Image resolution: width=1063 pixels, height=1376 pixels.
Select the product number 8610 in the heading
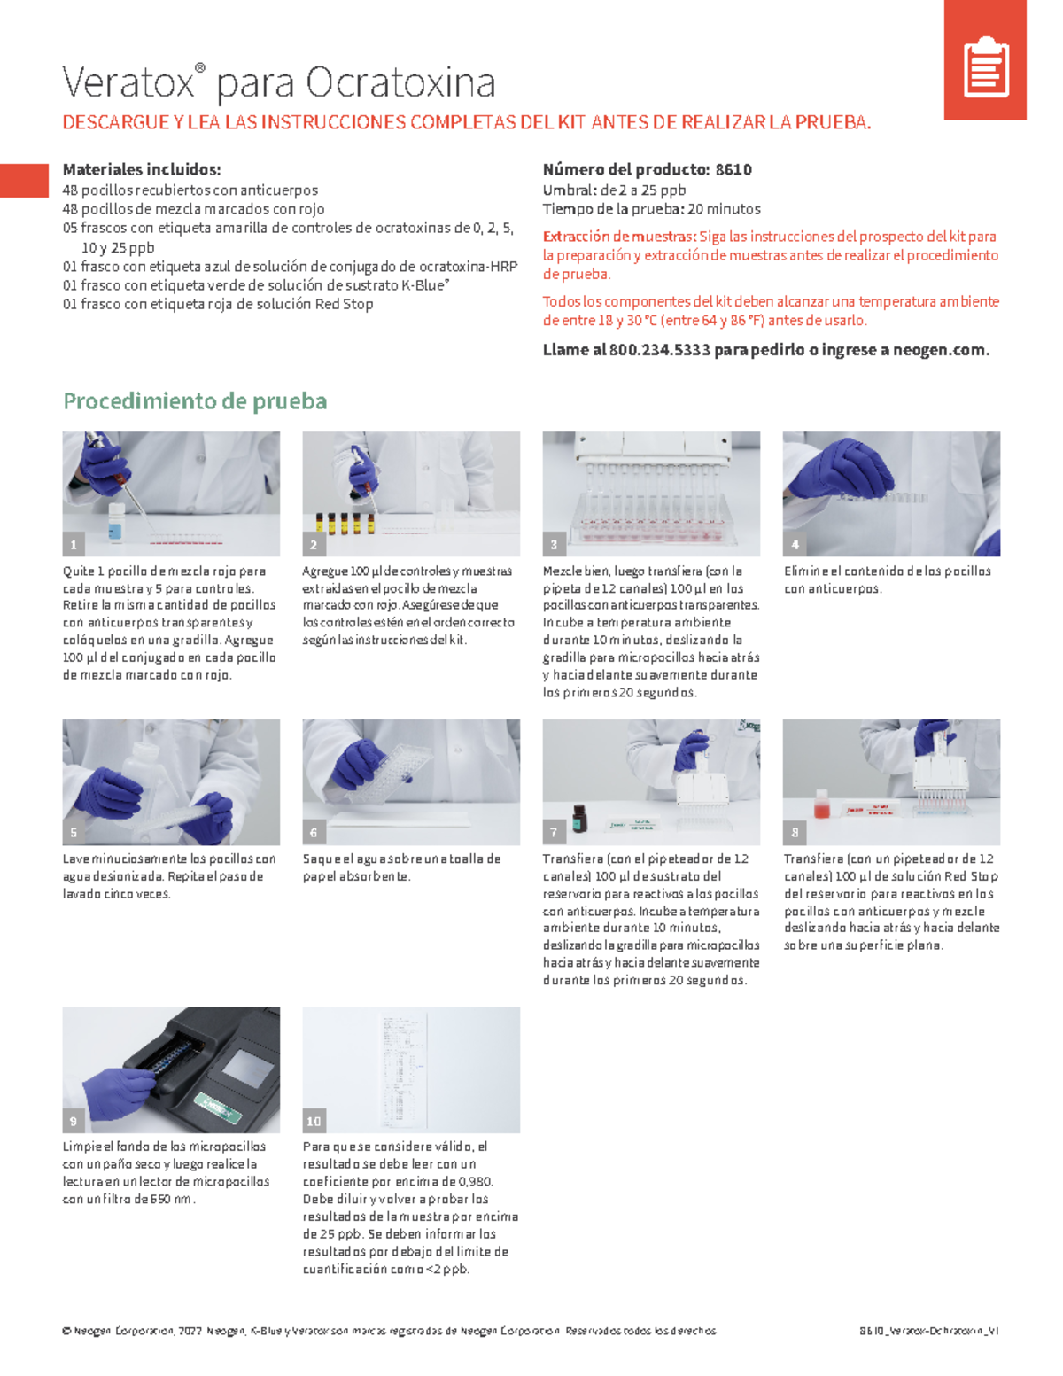pyautogui.click(x=733, y=169)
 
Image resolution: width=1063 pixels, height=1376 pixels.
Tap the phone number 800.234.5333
pyautogui.click(x=659, y=350)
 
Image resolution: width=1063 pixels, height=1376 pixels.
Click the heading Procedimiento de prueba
pyautogui.click(x=195, y=401)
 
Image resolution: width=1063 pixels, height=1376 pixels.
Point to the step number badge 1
pyautogui.click(x=74, y=544)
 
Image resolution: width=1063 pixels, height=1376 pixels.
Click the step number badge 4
pyautogui.click(x=795, y=544)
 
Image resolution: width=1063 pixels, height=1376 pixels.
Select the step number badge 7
pyautogui.click(x=554, y=832)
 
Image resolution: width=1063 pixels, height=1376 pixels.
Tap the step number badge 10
pyautogui.click(x=314, y=1121)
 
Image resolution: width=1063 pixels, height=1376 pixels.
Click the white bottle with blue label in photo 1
pyautogui.click(x=115, y=522)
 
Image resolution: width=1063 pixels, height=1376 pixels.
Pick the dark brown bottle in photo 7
pyautogui.click(x=578, y=817)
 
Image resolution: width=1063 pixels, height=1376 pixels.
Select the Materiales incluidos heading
pyautogui.click(x=141, y=169)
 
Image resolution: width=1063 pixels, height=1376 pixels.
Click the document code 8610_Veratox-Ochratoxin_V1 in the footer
pyautogui.click(x=928, y=1331)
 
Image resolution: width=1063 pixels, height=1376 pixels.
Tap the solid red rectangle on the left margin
pyautogui.click(x=24, y=181)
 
